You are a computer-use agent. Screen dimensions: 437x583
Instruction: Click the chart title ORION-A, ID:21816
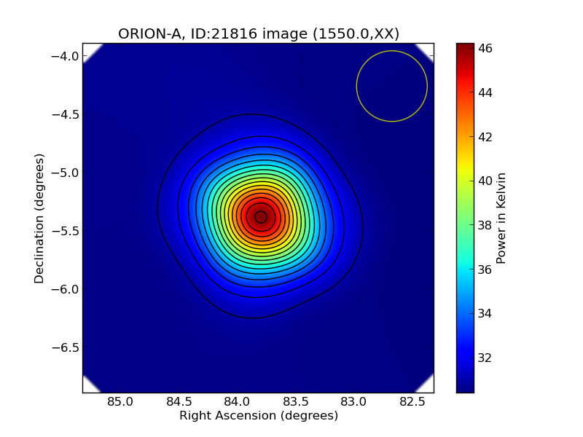(x=259, y=34)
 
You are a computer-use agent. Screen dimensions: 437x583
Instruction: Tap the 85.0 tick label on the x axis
(x=120, y=401)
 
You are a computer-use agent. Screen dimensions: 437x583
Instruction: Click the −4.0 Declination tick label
(x=66, y=56)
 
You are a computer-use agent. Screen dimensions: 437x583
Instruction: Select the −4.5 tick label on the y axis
(x=66, y=114)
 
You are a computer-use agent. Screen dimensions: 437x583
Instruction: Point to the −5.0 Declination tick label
(x=66, y=173)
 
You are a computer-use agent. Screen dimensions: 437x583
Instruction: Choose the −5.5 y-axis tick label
(x=66, y=231)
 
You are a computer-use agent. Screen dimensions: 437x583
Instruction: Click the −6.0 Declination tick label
(x=66, y=289)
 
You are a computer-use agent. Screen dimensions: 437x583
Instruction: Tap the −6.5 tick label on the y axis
(x=66, y=347)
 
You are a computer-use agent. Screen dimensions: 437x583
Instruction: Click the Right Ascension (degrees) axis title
(x=259, y=416)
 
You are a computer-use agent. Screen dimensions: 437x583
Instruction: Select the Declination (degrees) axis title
(x=39, y=218)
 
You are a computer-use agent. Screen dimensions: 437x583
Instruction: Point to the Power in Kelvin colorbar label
(x=501, y=218)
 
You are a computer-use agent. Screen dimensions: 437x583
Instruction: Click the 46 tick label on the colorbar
(x=485, y=49)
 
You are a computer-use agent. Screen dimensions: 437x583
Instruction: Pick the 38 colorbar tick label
(x=485, y=225)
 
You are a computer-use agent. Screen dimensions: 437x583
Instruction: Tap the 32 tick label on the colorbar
(x=485, y=358)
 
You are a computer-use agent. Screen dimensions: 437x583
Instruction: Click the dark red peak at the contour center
(x=261, y=216)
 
